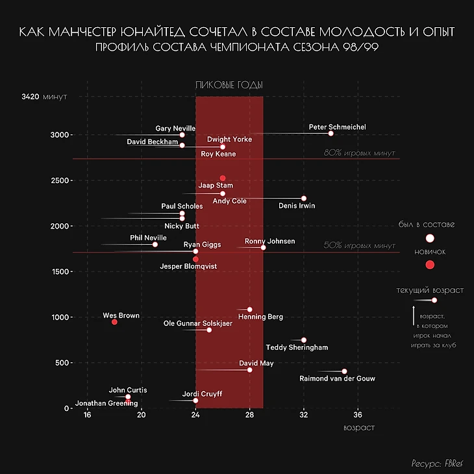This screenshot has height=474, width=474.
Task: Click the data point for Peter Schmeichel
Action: coord(331,133)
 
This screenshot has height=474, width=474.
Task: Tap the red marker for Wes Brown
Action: coord(114,322)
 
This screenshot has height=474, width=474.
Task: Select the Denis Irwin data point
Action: coord(304,198)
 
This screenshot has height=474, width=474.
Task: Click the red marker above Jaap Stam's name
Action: coord(223,178)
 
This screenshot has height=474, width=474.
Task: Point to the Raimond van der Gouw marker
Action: coord(344,371)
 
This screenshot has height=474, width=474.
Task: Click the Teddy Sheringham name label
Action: coord(297,347)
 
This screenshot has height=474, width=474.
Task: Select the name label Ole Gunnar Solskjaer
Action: coord(195,323)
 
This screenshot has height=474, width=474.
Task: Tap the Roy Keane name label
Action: coord(218,154)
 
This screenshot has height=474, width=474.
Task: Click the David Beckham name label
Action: coord(153,141)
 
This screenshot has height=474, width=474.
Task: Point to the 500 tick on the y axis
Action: coord(62,363)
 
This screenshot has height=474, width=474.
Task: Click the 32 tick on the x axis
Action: coord(304,416)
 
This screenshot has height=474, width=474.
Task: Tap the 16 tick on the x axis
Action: coord(87,416)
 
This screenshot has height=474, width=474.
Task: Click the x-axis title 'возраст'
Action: coord(358,428)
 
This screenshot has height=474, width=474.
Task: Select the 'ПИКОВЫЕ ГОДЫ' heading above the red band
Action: coord(229,86)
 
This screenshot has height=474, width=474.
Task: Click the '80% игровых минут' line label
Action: coord(359,153)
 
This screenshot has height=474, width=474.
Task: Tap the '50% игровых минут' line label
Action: coord(359,245)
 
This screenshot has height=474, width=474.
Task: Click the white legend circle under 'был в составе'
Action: coord(429,238)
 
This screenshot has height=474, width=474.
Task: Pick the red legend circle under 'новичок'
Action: coord(429,264)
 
